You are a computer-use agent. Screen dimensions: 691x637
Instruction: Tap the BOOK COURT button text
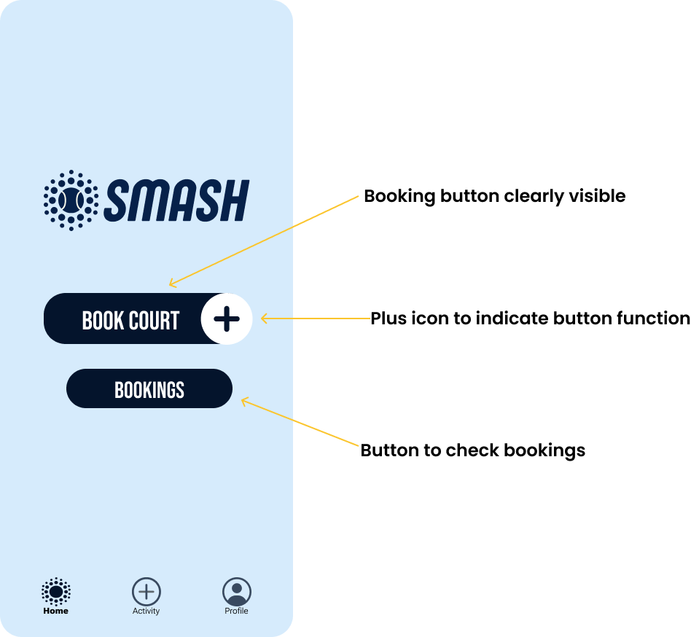click(x=130, y=320)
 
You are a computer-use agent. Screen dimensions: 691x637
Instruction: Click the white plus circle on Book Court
click(x=227, y=318)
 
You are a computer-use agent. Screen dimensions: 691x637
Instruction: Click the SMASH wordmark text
click(x=176, y=200)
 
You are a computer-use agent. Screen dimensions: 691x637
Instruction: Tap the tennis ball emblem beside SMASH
click(x=71, y=200)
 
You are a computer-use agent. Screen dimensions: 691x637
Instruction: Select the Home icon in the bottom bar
click(x=56, y=591)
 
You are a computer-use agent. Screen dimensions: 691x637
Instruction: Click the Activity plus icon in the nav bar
click(x=147, y=591)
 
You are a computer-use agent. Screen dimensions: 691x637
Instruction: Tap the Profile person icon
click(x=237, y=591)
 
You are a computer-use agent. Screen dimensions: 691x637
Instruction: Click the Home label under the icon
click(x=56, y=611)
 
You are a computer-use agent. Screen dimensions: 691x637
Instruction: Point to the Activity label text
click(x=146, y=611)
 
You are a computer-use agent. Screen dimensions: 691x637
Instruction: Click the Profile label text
click(x=237, y=611)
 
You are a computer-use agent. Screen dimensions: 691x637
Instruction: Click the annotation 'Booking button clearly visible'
click(x=494, y=197)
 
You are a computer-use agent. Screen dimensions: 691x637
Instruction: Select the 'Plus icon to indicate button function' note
click(x=530, y=318)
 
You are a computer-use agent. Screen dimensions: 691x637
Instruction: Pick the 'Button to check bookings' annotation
click(x=473, y=450)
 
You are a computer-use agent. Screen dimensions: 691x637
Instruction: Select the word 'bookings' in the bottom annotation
click(x=544, y=451)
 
